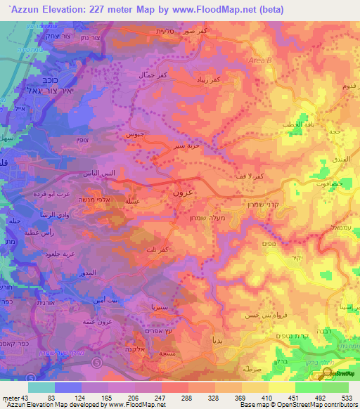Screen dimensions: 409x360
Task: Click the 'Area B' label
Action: coord(260,62)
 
